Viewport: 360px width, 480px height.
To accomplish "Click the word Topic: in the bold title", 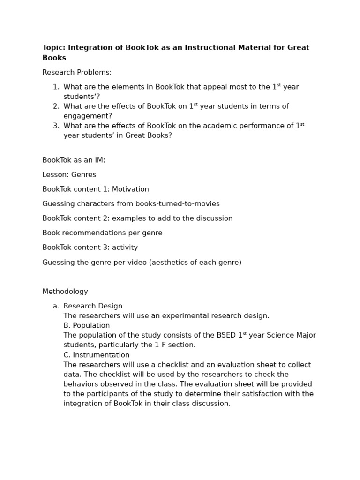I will pos(53,48).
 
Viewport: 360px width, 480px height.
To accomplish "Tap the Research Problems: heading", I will pos(77,73).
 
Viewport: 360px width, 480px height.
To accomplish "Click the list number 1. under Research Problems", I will pos(56,87).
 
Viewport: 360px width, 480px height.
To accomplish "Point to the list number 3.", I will pos(56,126).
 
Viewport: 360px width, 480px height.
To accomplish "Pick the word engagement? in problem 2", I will pos(88,116).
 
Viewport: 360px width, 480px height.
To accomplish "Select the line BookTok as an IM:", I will pos(74,160).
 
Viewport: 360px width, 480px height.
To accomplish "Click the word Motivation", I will pos(130,189).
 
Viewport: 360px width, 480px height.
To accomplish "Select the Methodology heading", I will pos(65,292).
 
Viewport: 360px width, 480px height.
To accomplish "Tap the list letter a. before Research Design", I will pos(56,306).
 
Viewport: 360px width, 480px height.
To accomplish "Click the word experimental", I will pos(158,316).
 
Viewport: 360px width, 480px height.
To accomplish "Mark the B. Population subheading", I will pos(87,326).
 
